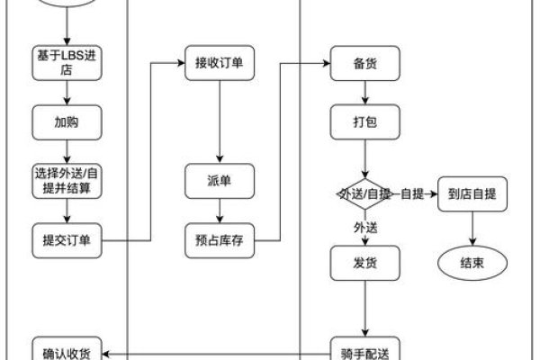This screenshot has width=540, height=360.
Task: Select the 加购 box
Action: pos(67,120)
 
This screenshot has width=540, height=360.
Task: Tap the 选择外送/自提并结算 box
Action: pos(67,179)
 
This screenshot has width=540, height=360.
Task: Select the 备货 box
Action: pos(364,62)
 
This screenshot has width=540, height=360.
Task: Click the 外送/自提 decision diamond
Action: pos(364,193)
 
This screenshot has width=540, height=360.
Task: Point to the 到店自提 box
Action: pos(472,193)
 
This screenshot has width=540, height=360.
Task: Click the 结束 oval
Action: pos(472,263)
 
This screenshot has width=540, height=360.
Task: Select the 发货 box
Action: pos(364,263)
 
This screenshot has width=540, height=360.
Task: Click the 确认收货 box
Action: pos(67,348)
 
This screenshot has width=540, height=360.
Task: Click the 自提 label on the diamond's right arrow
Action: pos(411,193)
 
